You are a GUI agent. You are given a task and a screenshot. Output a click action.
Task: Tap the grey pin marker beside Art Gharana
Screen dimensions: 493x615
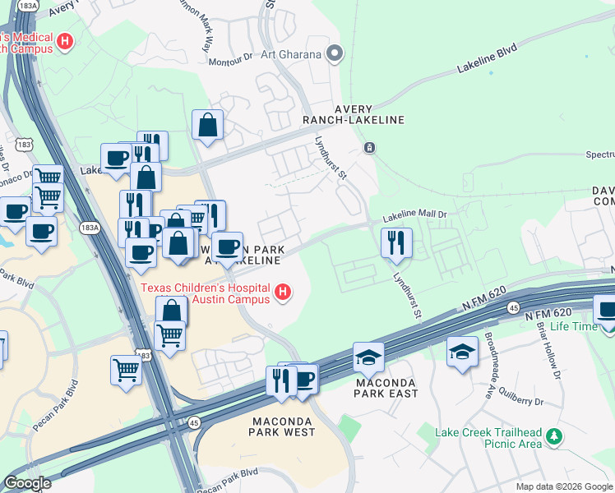[335, 55]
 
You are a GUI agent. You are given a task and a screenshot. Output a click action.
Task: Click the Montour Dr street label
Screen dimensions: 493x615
[230, 59]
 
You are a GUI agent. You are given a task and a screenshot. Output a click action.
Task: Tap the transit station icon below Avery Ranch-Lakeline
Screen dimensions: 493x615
[370, 148]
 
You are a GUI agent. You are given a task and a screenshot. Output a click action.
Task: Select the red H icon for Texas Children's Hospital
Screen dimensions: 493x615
[283, 293]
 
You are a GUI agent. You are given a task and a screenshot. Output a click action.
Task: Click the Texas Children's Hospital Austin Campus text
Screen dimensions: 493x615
[206, 293]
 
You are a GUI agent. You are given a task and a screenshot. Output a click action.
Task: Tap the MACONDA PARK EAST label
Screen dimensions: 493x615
[386, 387]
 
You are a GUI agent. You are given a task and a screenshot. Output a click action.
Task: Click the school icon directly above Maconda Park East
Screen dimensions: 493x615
[368, 356]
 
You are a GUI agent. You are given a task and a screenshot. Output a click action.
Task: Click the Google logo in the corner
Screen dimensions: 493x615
[28, 482]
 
